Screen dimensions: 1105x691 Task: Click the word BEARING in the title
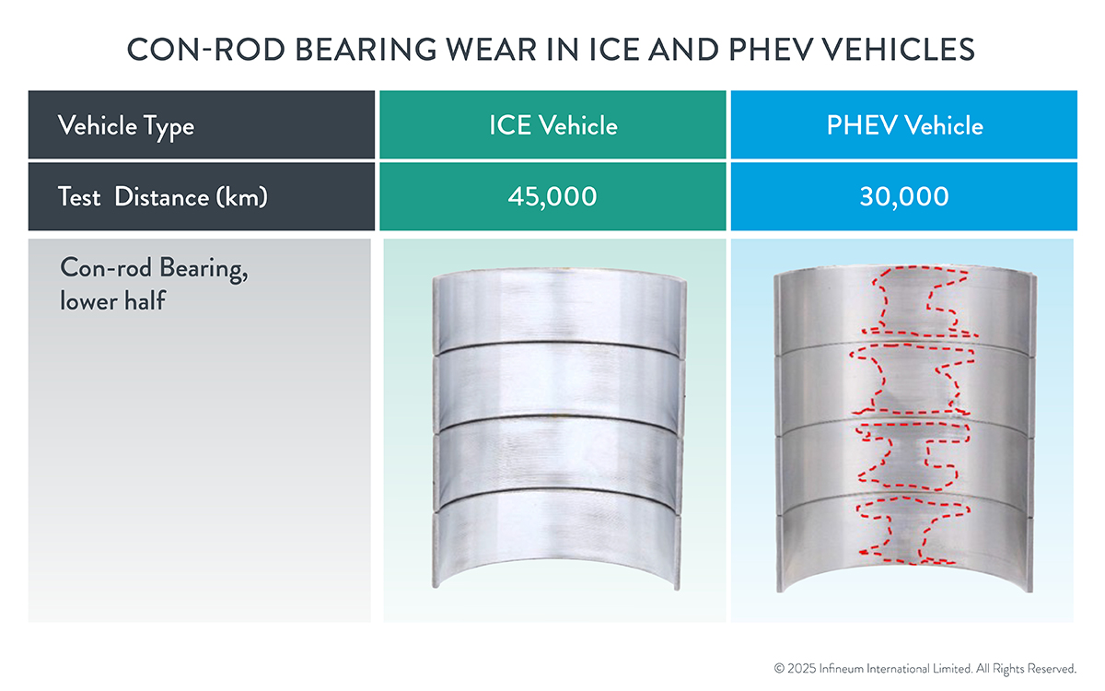[x=366, y=50]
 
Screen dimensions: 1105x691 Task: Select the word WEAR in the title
[x=491, y=50]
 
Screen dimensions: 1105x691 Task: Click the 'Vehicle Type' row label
[x=126, y=126]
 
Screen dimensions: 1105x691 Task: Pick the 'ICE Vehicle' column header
[x=553, y=125]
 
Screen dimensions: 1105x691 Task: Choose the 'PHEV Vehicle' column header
[x=904, y=125]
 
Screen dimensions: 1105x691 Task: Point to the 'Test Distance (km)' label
[x=163, y=197]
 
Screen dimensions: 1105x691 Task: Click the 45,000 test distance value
[x=552, y=197]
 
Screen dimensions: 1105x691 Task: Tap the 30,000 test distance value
[x=904, y=197]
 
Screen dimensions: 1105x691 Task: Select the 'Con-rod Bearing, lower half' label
[x=154, y=285]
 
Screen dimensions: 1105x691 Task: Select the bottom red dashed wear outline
[x=913, y=531]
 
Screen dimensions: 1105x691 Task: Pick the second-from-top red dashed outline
[x=913, y=379]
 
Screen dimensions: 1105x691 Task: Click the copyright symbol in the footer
[x=779, y=669]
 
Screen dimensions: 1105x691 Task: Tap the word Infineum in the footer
[x=842, y=669]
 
